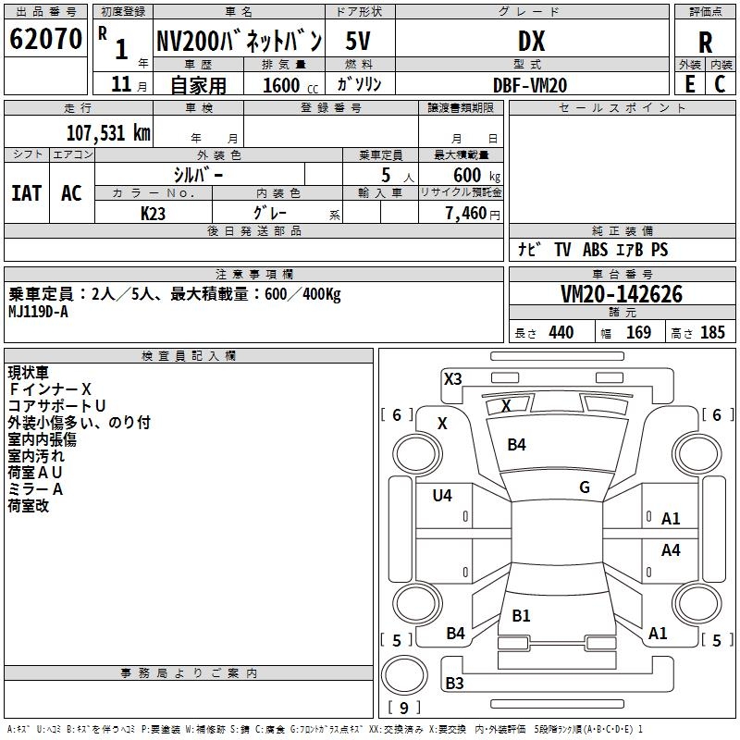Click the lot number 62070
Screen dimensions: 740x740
[45, 39]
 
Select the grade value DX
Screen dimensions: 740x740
[531, 41]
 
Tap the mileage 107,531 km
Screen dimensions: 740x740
[108, 132]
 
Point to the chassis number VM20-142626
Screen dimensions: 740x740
[622, 294]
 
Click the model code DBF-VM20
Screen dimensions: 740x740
[530, 85]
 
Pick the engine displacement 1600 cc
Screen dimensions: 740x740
[290, 85]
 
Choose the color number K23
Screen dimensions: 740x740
[153, 214]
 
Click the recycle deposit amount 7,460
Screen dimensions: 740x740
[466, 214]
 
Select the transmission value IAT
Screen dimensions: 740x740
[27, 193]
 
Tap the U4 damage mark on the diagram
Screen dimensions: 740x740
[442, 496]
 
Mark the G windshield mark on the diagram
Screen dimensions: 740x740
[585, 487]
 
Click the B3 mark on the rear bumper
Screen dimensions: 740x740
[454, 683]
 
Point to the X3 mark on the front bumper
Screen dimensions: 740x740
[452, 379]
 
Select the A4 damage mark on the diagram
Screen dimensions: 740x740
[671, 549]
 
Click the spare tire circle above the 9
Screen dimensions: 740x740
[404, 675]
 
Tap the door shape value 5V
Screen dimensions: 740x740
[358, 41]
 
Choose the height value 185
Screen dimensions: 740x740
[712, 332]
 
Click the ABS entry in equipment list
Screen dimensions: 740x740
[595, 250]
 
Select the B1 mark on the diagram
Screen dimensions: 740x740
[521, 615]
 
